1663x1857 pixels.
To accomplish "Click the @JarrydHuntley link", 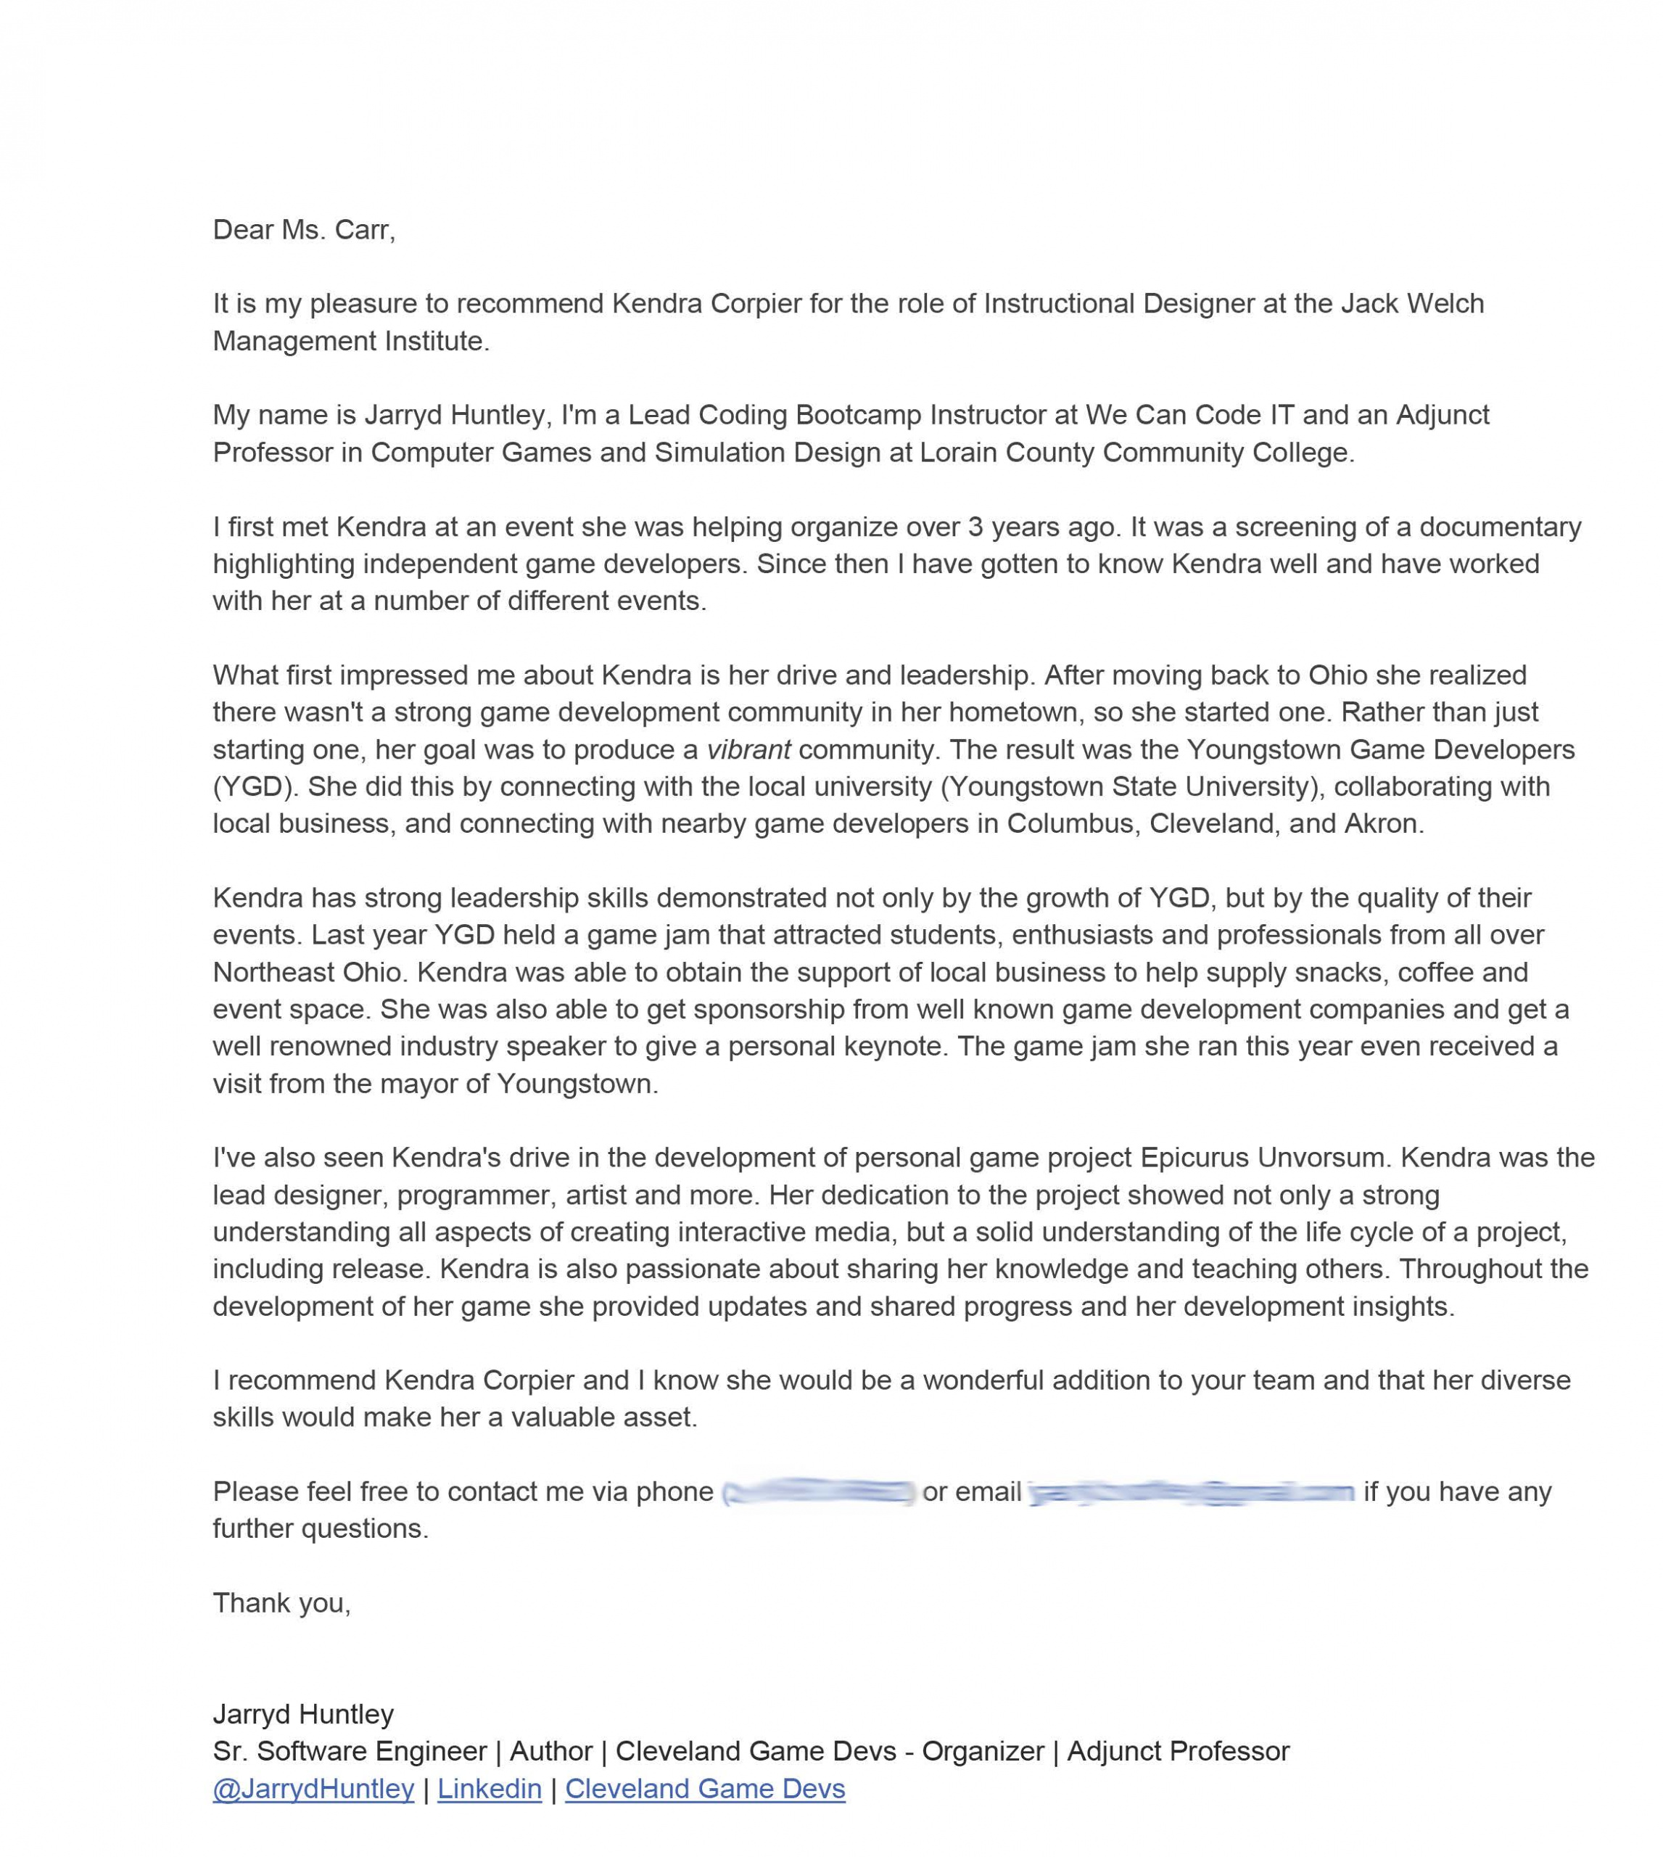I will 313,1789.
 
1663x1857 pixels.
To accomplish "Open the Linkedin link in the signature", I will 489,1789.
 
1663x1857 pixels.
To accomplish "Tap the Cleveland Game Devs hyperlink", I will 704,1789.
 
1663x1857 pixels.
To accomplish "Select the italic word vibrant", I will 748,749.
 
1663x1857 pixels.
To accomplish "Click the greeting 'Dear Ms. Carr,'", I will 303,229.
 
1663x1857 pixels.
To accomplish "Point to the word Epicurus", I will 1194,1157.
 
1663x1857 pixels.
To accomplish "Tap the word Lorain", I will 957,453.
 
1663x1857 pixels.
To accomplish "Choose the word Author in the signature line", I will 551,1751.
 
